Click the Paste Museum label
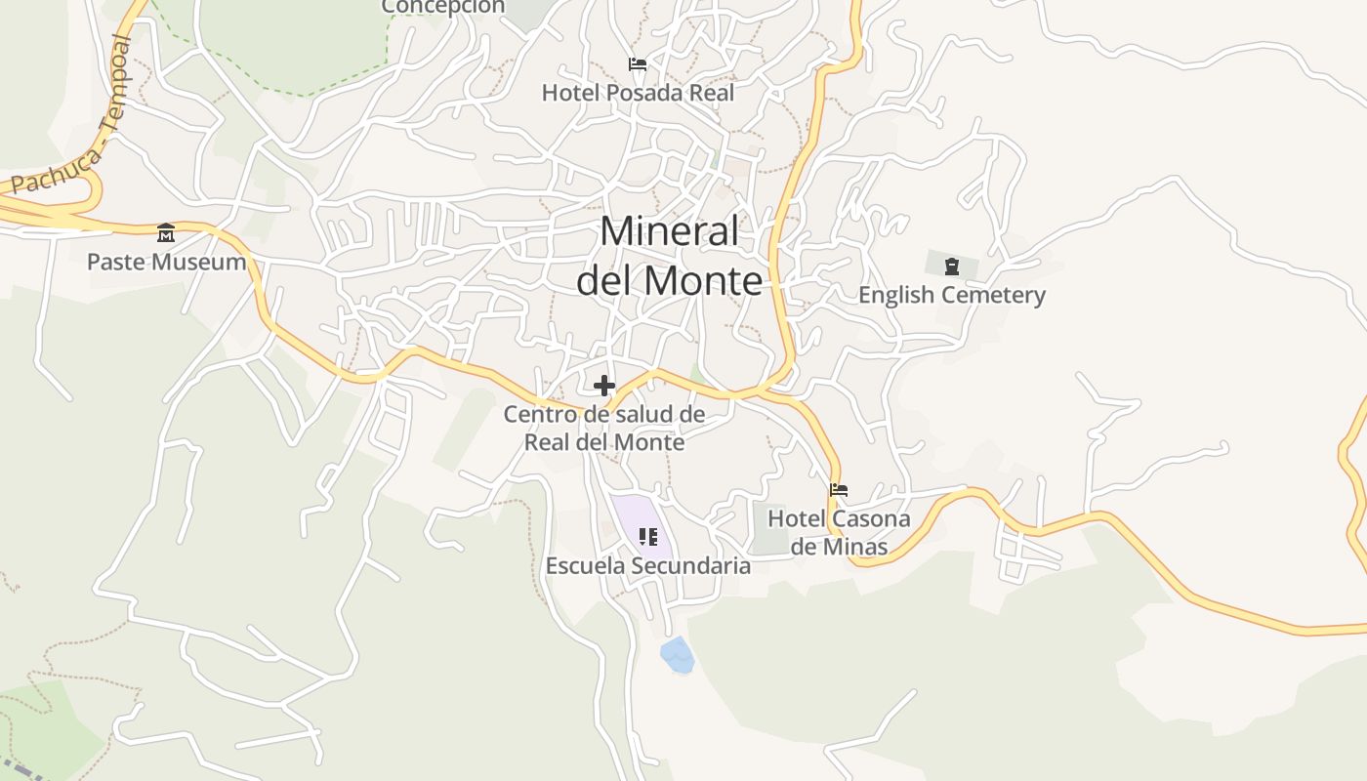[x=166, y=262]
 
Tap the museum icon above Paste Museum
[x=166, y=233]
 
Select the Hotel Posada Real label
[x=638, y=93]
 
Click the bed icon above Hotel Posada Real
[x=638, y=65]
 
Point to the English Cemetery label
[x=951, y=295]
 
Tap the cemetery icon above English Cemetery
[x=952, y=266]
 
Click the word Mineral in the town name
[x=670, y=232]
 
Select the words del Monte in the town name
[x=669, y=280]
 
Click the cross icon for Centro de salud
[x=604, y=386]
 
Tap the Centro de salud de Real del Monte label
[x=604, y=428]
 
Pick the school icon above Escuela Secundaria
[x=647, y=537]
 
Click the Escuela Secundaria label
[x=647, y=566]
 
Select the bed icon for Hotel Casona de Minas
[x=839, y=490]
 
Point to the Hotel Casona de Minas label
[x=839, y=532]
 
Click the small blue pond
[x=677, y=655]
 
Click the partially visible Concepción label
[x=442, y=7]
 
